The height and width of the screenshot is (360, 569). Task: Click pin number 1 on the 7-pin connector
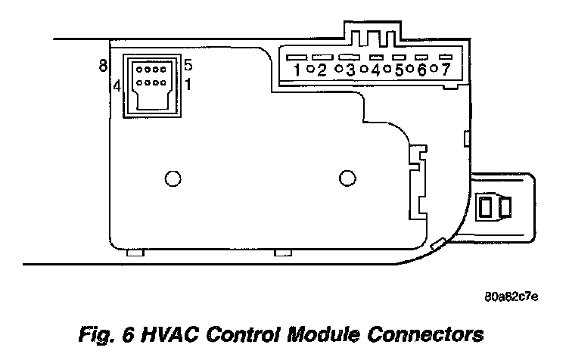298,70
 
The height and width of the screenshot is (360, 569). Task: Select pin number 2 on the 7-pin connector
322,70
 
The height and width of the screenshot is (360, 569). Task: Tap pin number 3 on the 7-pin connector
350,70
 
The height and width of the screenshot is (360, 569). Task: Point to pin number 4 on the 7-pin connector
375,70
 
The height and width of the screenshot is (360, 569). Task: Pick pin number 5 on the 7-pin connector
398,70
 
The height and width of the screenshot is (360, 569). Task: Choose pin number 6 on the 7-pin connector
421,70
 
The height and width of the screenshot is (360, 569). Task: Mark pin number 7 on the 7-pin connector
445,70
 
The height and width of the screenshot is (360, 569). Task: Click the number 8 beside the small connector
102,66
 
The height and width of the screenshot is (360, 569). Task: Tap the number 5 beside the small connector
188,66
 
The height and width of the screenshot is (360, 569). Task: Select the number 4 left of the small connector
117,85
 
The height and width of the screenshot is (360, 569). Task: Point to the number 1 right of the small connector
187,85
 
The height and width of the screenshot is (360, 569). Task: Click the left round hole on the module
173,178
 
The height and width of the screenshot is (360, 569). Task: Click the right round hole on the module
347,178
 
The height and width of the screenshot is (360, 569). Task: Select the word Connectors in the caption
434,333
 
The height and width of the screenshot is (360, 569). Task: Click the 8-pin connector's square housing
152,85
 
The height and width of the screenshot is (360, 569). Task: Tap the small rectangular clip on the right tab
491,204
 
